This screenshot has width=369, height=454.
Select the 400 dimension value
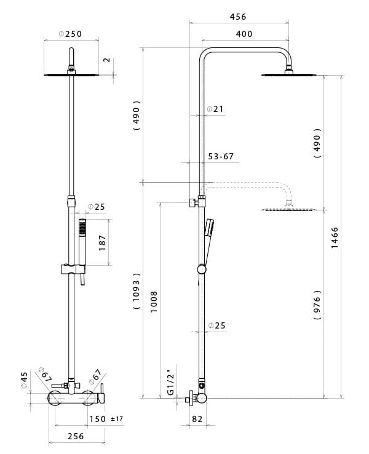(244, 34)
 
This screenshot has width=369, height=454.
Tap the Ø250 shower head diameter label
(70, 34)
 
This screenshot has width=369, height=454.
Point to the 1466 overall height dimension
(335, 237)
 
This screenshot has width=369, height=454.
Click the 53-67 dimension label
(220, 156)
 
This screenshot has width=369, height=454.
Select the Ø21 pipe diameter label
(215, 109)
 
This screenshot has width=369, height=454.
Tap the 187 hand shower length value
(103, 242)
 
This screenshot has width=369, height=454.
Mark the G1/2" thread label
(170, 381)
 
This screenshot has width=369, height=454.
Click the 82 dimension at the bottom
(197, 419)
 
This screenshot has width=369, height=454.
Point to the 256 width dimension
(75, 436)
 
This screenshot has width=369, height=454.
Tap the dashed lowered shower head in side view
(289, 209)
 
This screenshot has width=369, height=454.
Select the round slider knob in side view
(201, 269)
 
